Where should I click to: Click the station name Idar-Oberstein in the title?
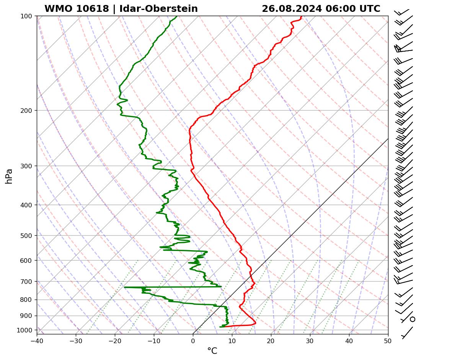(158, 9)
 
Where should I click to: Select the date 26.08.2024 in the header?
(292, 9)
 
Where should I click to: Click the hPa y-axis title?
(9, 176)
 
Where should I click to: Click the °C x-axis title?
(212, 351)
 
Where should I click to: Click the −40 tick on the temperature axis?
(37, 340)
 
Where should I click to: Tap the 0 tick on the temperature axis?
(193, 340)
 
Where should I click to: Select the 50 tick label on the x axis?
(388, 340)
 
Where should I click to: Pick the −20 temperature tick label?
(115, 340)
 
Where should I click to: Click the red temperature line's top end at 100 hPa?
(301, 17)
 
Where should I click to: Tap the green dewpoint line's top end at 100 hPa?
(176, 17)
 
